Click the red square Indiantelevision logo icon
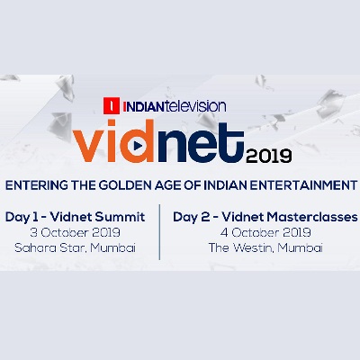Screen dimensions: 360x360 (x=112, y=105)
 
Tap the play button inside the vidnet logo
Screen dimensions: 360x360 (x=138, y=146)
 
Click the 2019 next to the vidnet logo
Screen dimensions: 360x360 (x=268, y=156)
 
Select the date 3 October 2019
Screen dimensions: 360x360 (x=75, y=232)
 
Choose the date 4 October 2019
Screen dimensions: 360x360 (x=265, y=232)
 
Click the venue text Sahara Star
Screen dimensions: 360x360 (x=50, y=248)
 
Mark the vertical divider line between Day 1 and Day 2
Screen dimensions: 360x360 (x=159, y=232)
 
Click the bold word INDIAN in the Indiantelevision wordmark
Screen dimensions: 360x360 (x=143, y=107)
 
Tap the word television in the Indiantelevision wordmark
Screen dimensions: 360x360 (x=195, y=106)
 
